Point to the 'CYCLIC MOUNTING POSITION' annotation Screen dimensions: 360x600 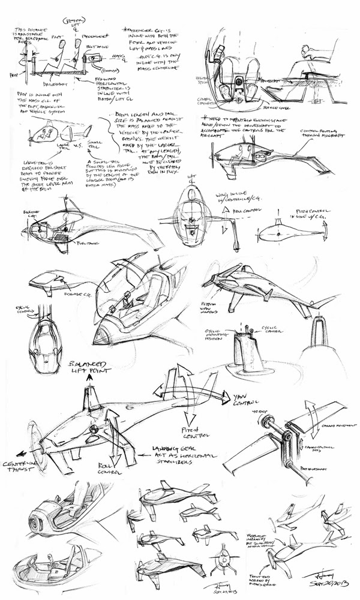215,332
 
